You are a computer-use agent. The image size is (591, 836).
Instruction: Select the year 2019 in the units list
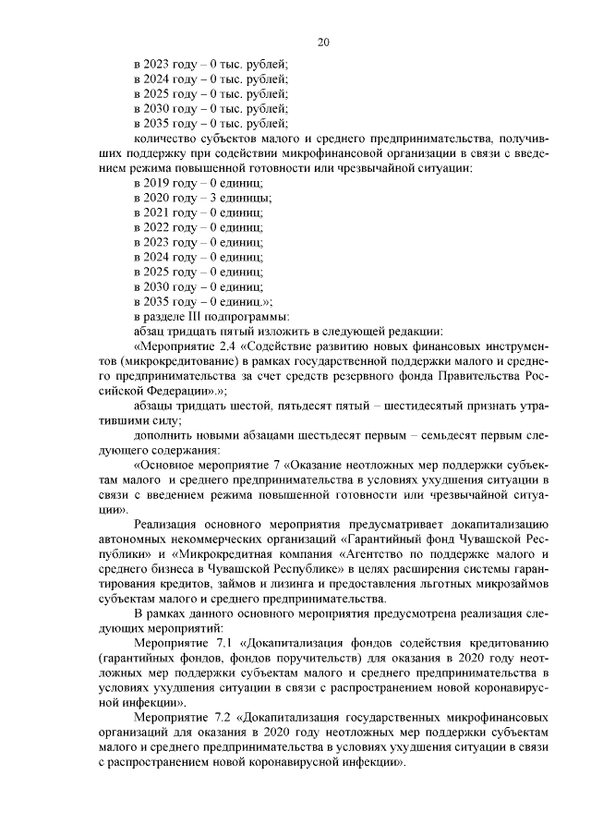pos(161,186)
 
